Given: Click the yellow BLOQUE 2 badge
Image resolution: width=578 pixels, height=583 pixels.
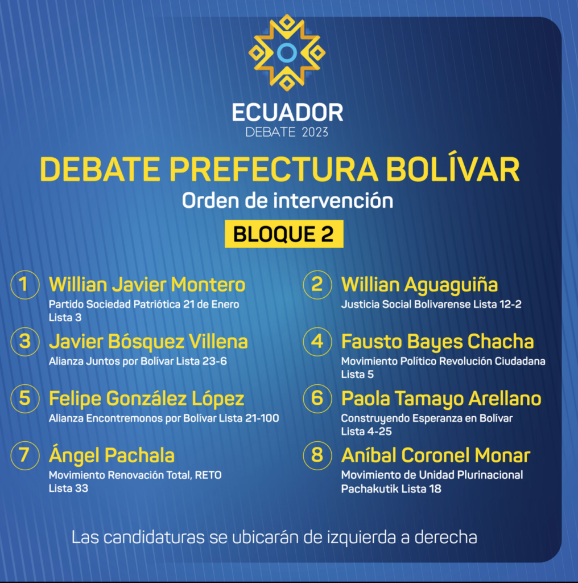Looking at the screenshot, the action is (x=284, y=234).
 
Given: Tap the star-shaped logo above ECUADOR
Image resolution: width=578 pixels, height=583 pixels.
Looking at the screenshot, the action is (x=287, y=52).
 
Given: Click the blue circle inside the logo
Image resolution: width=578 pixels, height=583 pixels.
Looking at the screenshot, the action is (x=287, y=53).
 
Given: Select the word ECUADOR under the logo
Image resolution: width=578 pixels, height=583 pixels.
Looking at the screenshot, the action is (x=287, y=112).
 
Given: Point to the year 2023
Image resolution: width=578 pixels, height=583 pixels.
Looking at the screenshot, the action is (x=315, y=132).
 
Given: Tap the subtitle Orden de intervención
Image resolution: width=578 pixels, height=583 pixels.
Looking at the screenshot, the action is (x=287, y=201).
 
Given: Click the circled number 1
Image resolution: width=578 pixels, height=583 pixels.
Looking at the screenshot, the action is (x=25, y=285).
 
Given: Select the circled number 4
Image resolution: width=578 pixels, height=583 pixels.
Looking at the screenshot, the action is (x=317, y=342).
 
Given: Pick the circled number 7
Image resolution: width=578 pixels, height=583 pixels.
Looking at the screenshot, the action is (x=25, y=455).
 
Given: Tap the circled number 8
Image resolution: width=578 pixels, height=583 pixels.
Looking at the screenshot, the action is (x=317, y=455).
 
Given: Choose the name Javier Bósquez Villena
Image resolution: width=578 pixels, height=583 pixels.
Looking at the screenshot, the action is (x=148, y=342).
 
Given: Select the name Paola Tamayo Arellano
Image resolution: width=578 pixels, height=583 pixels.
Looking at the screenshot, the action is (x=441, y=399).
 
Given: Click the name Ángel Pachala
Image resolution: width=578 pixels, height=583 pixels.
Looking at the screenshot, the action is (x=112, y=455).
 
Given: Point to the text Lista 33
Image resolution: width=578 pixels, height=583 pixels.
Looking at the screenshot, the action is (x=68, y=488).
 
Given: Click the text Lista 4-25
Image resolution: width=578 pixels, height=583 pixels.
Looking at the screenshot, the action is (x=366, y=432).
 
